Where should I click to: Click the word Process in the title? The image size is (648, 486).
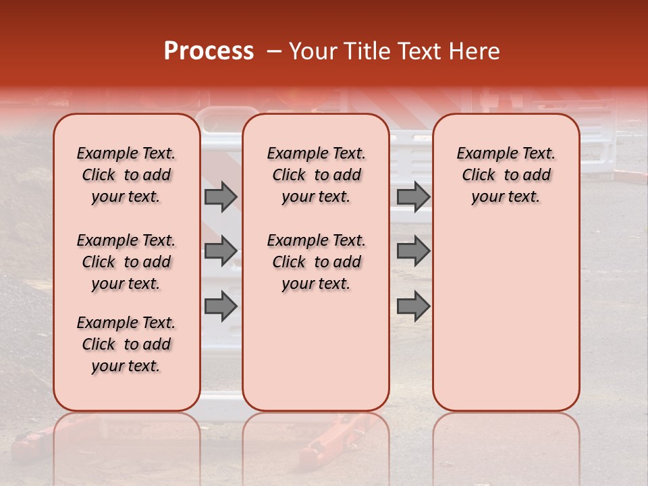coord(208,51)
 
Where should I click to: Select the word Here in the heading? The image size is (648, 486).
coord(477,51)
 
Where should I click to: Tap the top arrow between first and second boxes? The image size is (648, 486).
coord(221,197)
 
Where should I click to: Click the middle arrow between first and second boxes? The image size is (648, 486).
coord(221,251)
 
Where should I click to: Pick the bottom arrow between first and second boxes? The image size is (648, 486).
coord(221,306)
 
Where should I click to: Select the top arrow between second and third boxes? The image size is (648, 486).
coord(413,197)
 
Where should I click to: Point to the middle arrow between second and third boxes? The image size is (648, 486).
coord(413,251)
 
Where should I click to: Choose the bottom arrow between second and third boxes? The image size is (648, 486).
coord(413,306)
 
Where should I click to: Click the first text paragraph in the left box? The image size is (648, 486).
coord(126,175)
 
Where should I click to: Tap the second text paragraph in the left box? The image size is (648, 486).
coord(126,262)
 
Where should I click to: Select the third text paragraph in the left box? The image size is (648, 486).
coord(126,344)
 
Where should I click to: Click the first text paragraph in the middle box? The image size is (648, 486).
coord(316,175)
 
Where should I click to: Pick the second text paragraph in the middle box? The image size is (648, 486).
coord(316,262)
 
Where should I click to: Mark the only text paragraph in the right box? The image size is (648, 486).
coord(506,175)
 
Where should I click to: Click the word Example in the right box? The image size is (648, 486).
coord(485,154)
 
